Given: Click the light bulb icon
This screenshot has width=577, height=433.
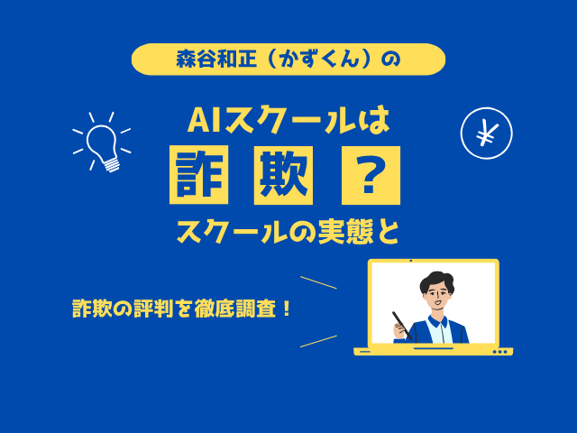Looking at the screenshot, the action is tap(102, 144).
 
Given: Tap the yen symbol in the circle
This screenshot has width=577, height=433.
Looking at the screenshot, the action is tap(487, 134).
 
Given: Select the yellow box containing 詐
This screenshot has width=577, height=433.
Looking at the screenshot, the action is tap(198, 175).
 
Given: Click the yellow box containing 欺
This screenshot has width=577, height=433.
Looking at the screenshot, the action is tap(283, 175).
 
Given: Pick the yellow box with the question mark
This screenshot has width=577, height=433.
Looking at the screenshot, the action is tap(371, 175).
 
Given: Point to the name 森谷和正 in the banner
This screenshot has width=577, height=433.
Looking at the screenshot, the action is tap(216, 60).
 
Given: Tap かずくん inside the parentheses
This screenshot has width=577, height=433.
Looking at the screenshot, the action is tap(318, 60).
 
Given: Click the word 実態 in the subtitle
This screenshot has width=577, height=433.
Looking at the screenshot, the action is tap(345, 233).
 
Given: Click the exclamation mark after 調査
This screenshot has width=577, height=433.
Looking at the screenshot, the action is tap(288, 309).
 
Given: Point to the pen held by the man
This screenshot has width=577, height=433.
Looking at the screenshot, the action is tap(402, 326).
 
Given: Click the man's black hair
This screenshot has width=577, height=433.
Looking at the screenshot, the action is tap(436, 281).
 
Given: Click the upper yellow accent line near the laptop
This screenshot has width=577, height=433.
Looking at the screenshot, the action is tap(318, 282).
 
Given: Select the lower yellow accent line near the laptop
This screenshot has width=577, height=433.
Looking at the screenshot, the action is tap(318, 341).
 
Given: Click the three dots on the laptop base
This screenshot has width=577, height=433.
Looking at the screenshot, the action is tap(499, 352).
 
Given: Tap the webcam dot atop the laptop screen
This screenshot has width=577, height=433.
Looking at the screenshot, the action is tap(411, 261).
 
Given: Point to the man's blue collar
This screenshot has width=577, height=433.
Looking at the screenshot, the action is tap(438, 321).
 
